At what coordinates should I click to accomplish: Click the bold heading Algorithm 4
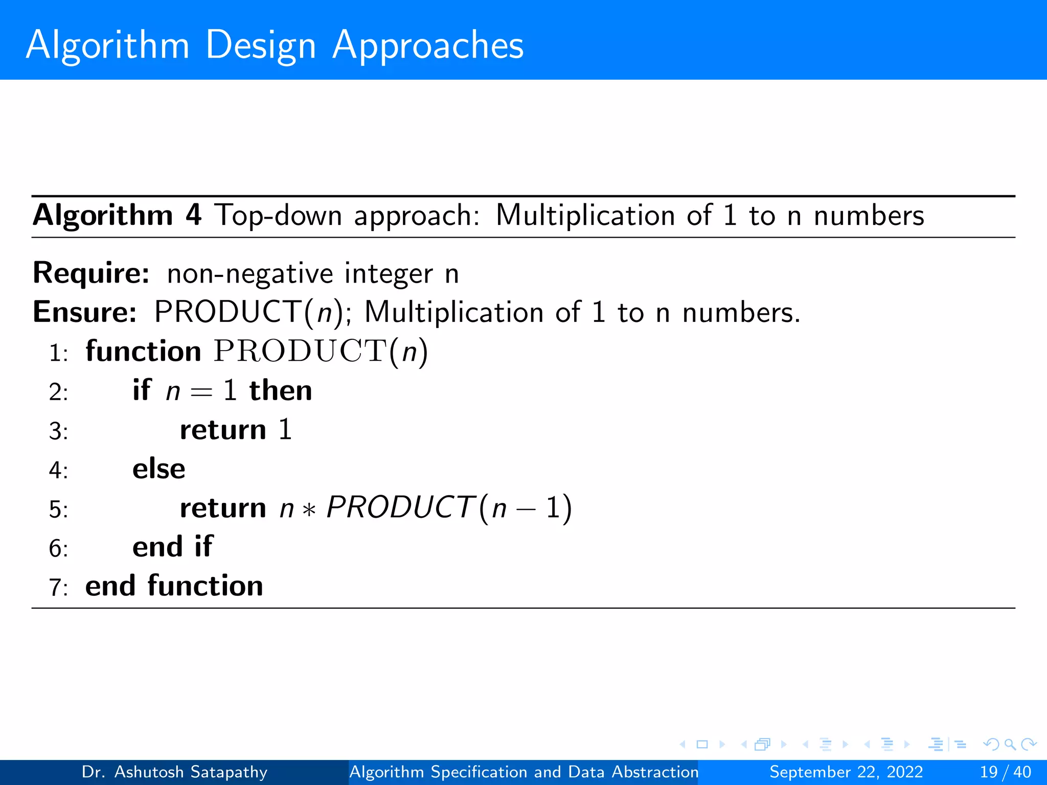[x=117, y=215]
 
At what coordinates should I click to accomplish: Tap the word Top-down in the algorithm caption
[x=278, y=215]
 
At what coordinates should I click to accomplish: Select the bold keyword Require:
[x=91, y=273]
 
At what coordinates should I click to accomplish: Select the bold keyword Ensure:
[x=85, y=312]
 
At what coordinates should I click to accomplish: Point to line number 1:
[x=58, y=353]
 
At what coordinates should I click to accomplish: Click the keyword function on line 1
[x=143, y=352]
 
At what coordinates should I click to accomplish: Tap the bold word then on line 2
[x=281, y=391]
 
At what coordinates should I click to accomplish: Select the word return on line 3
[x=223, y=430]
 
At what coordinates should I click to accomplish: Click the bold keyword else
[x=158, y=469]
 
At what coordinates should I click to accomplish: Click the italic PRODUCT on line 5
[x=399, y=507]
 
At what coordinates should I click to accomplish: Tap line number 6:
[x=58, y=549]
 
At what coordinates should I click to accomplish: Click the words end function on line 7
[x=174, y=586]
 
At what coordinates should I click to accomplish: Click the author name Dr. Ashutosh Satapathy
[x=174, y=772]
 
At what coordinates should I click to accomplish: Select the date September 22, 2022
[x=846, y=772]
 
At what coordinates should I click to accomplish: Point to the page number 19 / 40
[x=1005, y=772]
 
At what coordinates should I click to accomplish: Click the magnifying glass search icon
[x=1010, y=745]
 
